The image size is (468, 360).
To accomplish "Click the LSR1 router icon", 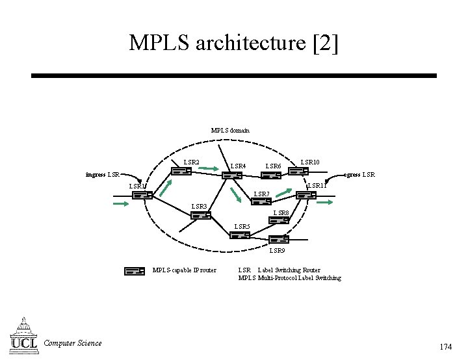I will coord(142,194).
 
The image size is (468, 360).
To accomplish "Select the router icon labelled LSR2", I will coord(181,172).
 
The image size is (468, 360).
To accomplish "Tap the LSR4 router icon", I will coord(232,175).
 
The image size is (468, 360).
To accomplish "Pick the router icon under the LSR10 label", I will coord(298,172).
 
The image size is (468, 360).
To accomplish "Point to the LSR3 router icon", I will coord(200,215).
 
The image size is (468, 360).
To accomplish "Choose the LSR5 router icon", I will coord(240,235).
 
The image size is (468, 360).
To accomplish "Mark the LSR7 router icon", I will coord(261,201).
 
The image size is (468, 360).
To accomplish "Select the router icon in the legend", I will coord(134,271).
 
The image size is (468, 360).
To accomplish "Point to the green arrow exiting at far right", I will coord(325,203).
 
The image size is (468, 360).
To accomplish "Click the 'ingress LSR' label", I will coord(103,175).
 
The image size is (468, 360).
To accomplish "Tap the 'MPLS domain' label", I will coord(230,131).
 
